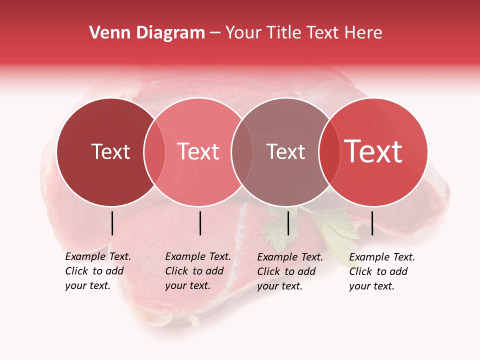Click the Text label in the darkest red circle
110,151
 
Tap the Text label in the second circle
198,151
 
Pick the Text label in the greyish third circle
285,151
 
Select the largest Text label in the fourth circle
373,151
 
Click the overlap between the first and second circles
154,152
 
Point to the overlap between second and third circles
242,152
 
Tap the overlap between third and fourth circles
328,152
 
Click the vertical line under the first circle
112,223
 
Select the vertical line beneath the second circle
200,223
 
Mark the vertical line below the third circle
288,223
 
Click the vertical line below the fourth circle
372,223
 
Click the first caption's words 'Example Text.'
98,256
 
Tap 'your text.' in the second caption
187,285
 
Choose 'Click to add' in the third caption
286,271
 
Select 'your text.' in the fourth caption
371,286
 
